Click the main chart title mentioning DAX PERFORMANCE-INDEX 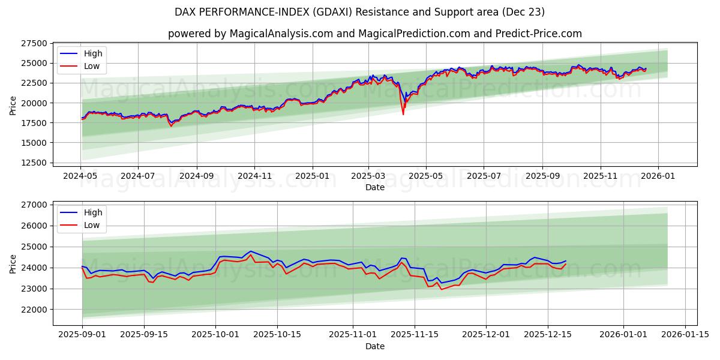(x=359, y=12)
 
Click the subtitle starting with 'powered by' (x=374, y=34)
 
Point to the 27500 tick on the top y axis (x=35, y=43)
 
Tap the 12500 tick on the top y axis (x=35, y=163)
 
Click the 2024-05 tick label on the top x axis (x=80, y=176)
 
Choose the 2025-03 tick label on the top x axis (x=368, y=176)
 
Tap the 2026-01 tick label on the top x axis (x=658, y=176)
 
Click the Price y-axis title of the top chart (x=13, y=105)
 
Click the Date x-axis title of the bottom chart (x=374, y=346)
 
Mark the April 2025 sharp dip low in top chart (x=403, y=114)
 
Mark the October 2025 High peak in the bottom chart (x=251, y=251)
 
